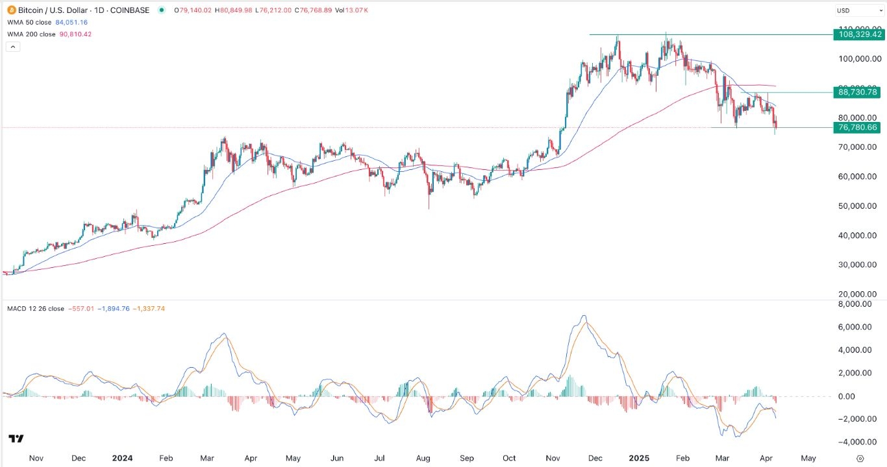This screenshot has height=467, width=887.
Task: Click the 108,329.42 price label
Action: (858, 34)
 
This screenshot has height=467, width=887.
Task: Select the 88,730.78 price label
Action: (858, 92)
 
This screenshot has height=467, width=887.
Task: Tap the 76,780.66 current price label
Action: (858, 127)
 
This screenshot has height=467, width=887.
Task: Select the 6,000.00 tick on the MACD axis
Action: (858, 327)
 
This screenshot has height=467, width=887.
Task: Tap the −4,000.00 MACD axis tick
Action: (856, 442)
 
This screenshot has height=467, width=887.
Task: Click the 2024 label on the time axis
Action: (122, 458)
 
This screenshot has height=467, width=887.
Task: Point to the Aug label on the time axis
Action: (423, 458)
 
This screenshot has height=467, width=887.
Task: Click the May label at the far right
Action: (808, 458)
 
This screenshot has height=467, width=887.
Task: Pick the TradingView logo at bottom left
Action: (16, 439)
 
